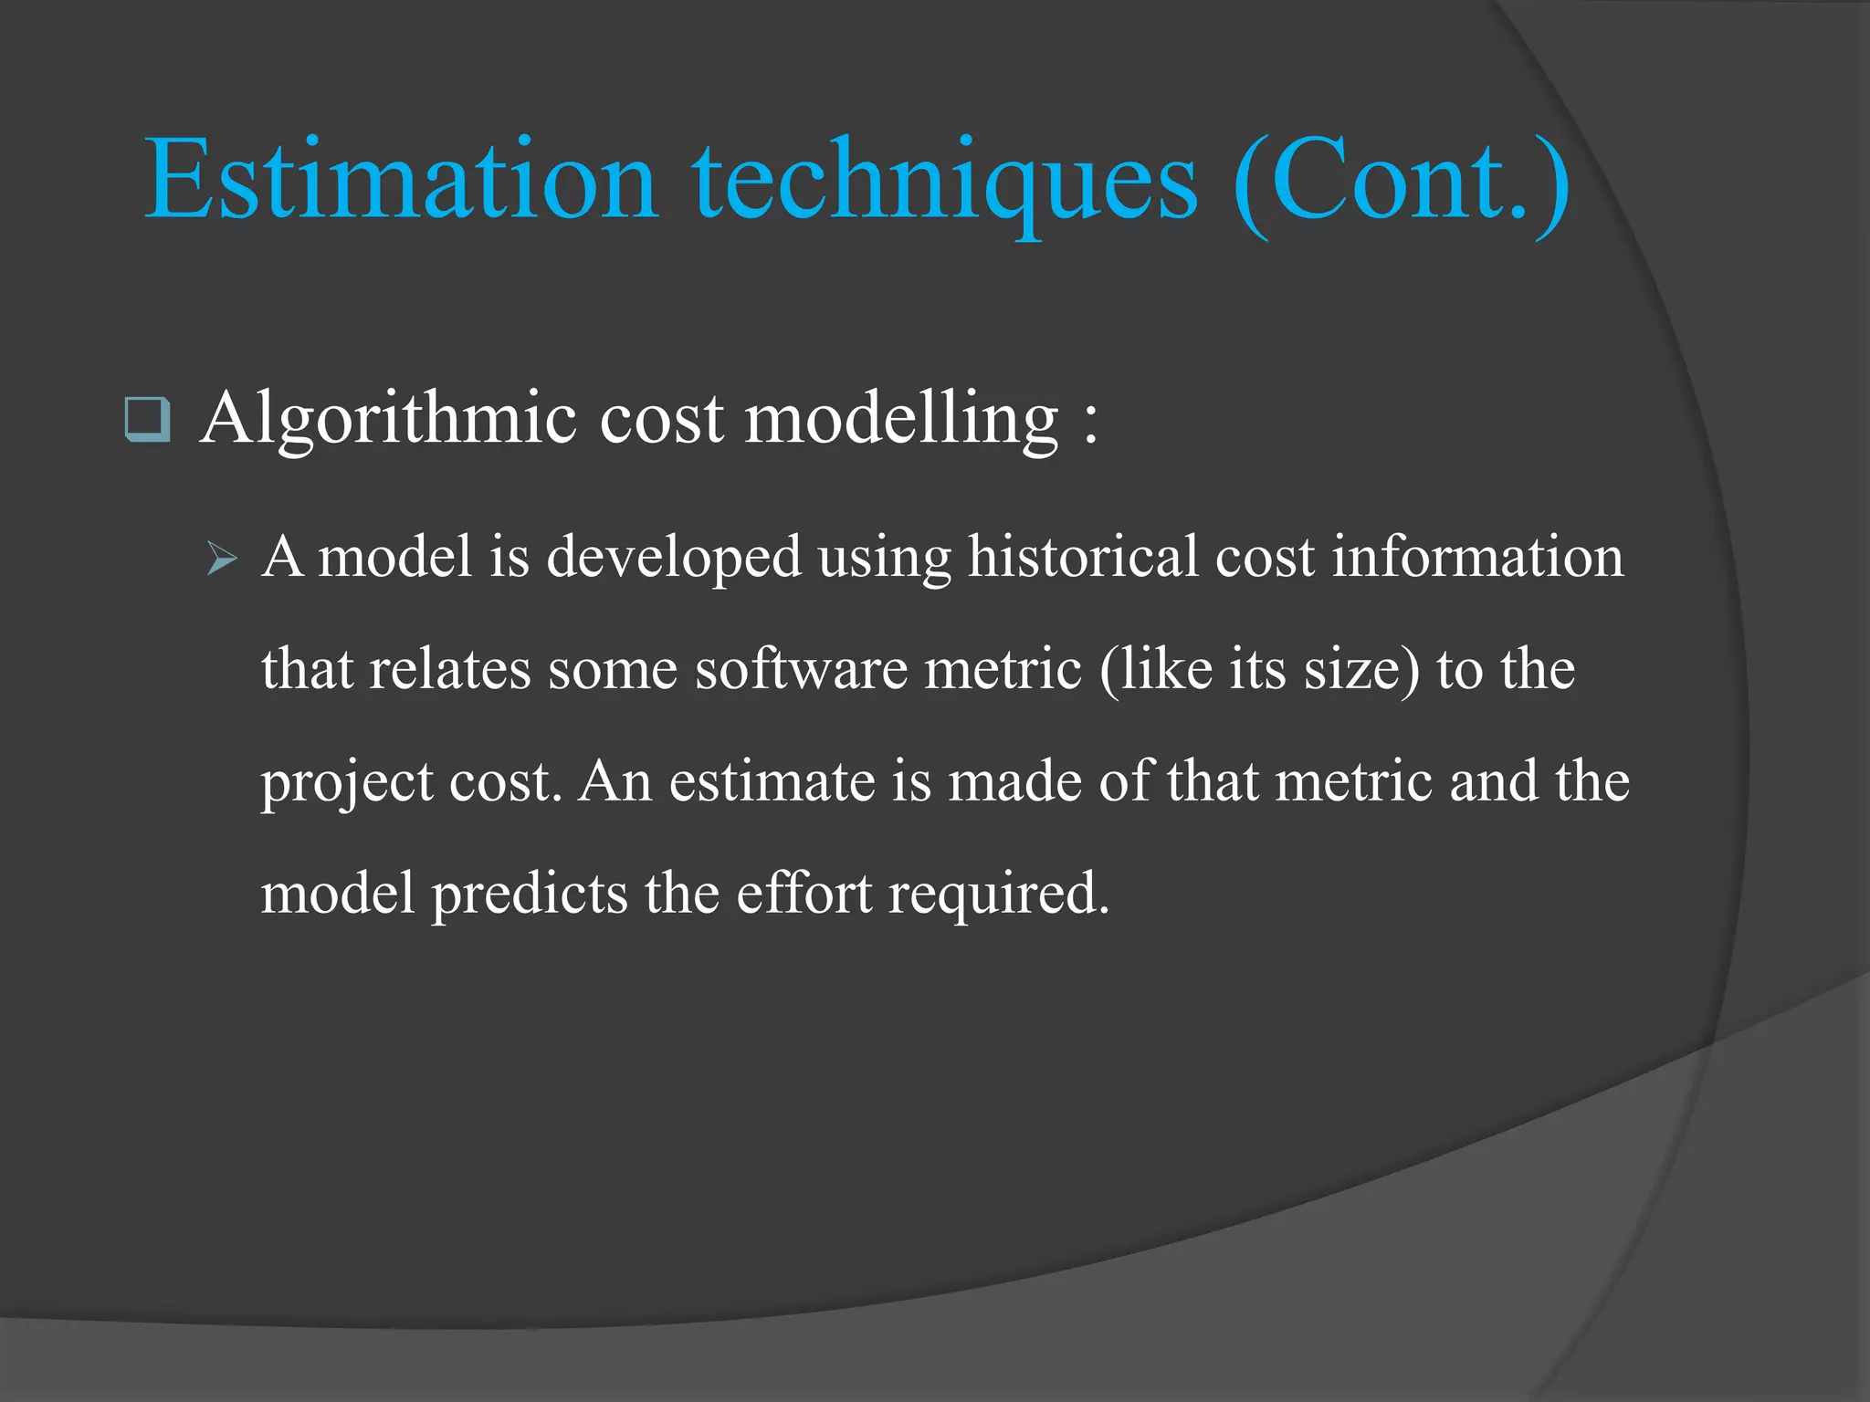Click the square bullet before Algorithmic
[146, 420]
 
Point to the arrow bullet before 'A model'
[222, 559]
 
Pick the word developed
[673, 559]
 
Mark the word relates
[449, 670]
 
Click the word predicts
[530, 895]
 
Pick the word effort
[804, 893]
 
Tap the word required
[999, 895]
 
